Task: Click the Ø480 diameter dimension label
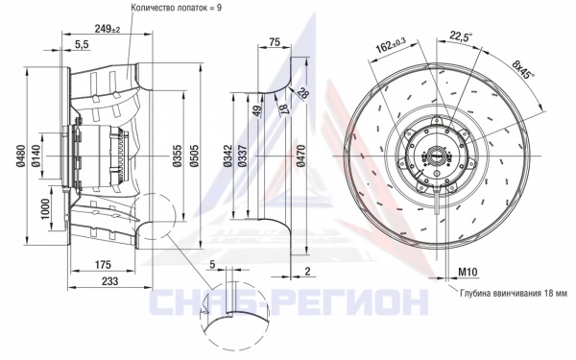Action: pyautogui.click(x=20, y=156)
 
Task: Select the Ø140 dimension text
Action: pyautogui.click(x=36, y=156)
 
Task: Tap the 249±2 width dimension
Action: pyautogui.click(x=108, y=29)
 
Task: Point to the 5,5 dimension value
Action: pyautogui.click(x=82, y=44)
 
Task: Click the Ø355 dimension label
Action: pyautogui.click(x=178, y=156)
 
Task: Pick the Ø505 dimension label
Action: pyautogui.click(x=194, y=156)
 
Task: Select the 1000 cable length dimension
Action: pyautogui.click(x=45, y=208)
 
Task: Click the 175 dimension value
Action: pyautogui.click(x=103, y=265)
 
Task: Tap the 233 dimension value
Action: pyautogui.click(x=109, y=281)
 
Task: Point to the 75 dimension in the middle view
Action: pyautogui.click(x=275, y=42)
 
